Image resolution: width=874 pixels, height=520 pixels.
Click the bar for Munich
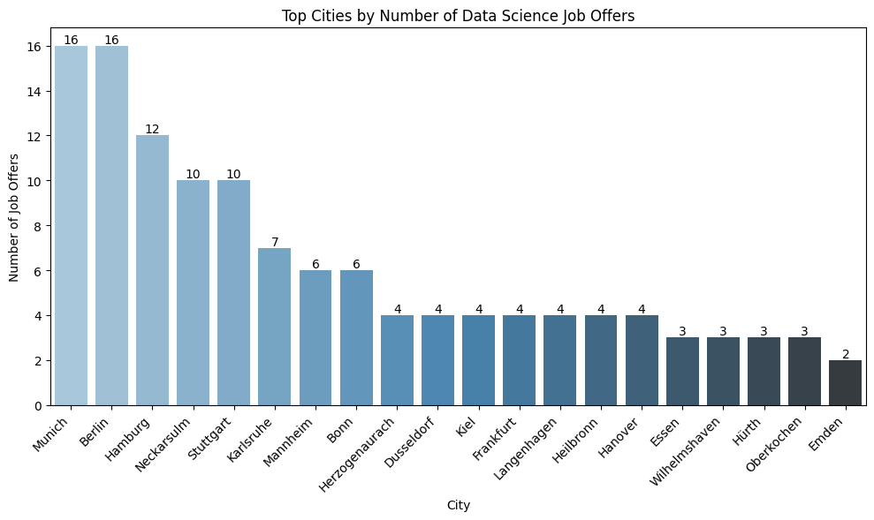point(71,225)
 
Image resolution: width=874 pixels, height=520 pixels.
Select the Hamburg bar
point(152,270)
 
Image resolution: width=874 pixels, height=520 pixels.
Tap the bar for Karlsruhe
point(275,327)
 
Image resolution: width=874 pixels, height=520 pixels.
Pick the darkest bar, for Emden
point(846,382)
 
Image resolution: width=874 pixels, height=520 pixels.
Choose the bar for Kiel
point(478,360)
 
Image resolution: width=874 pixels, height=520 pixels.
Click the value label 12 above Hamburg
point(152,129)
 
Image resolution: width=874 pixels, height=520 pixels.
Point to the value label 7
point(275,242)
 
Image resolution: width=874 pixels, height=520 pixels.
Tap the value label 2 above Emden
point(846,354)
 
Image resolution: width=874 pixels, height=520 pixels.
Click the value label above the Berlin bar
point(111,40)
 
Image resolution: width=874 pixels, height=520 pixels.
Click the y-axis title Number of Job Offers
point(14,217)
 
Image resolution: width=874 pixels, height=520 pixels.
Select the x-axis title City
point(458,506)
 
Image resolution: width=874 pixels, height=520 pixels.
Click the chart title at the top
point(458,15)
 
